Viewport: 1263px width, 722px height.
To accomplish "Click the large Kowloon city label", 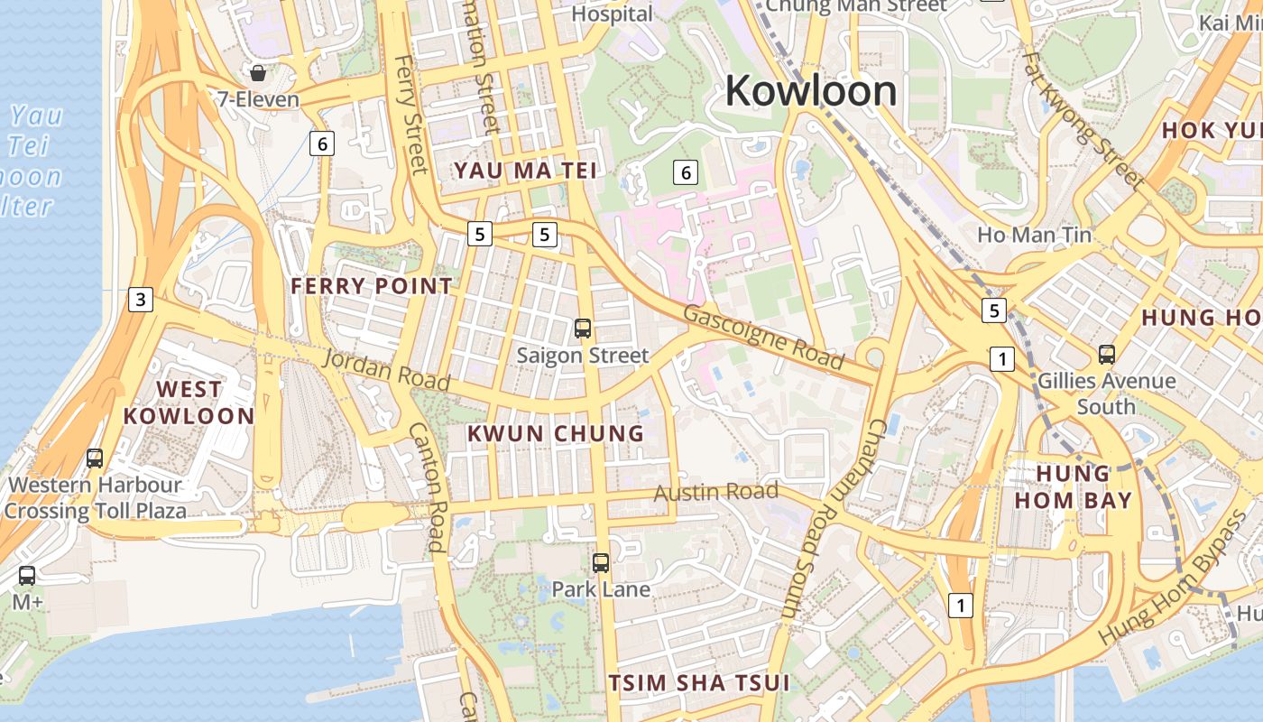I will tap(810, 91).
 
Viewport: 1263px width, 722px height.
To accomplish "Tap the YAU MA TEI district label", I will tap(525, 171).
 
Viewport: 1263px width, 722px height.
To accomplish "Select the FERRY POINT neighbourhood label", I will tap(372, 286).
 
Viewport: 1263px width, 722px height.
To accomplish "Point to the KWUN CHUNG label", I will tap(556, 433).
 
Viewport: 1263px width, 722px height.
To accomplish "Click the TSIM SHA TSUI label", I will tap(699, 682).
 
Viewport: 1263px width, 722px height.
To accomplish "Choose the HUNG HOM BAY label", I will tap(1073, 486).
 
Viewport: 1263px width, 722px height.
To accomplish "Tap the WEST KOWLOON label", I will tap(189, 403).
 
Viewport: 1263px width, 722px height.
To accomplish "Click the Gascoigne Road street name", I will tap(763, 338).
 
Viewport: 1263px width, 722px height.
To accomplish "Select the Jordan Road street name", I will tap(386, 370).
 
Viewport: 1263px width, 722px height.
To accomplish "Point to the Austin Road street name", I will tap(715, 492).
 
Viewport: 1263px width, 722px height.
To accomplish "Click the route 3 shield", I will tap(140, 300).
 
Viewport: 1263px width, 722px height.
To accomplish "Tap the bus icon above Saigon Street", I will tap(583, 329).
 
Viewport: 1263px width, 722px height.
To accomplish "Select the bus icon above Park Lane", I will tap(601, 563).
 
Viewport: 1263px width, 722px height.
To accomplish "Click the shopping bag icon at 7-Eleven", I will tap(258, 73).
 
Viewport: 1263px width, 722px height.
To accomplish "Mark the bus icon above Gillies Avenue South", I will tap(1107, 355).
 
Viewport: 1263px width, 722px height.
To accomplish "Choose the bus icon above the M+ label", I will tap(27, 575).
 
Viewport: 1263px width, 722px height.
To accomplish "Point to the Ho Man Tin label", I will tap(1035, 236).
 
